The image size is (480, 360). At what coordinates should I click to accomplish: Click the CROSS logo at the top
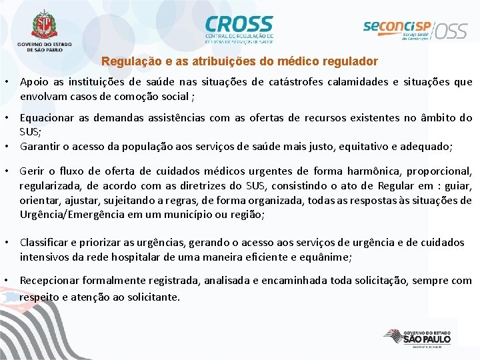pyautogui.click(x=239, y=28)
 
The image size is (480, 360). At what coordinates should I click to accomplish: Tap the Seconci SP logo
pyautogui.click(x=397, y=28)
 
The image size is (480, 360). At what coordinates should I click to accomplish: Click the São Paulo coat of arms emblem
pyautogui.click(x=45, y=25)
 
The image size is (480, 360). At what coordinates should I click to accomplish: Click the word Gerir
pyautogui.click(x=33, y=171)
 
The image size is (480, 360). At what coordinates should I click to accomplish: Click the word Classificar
pyautogui.click(x=45, y=243)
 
